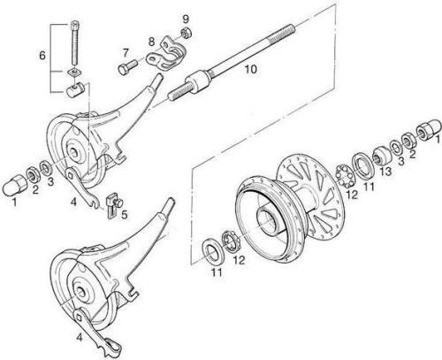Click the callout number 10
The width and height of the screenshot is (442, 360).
point(251,69)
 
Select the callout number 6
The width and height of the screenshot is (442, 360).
point(42,55)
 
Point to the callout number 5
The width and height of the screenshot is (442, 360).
point(125,215)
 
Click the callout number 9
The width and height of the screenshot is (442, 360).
point(186,19)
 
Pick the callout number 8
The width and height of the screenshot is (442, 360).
point(151,42)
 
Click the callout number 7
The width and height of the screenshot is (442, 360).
point(126,53)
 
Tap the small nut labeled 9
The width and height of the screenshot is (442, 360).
point(187,32)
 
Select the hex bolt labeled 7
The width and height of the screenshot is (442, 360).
point(127,67)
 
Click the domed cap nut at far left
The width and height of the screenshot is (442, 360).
point(13,185)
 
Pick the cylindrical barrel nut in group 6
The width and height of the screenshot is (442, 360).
point(74,89)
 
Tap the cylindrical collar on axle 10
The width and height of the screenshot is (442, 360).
point(197,83)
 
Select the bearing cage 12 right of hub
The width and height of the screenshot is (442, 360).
point(345,176)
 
